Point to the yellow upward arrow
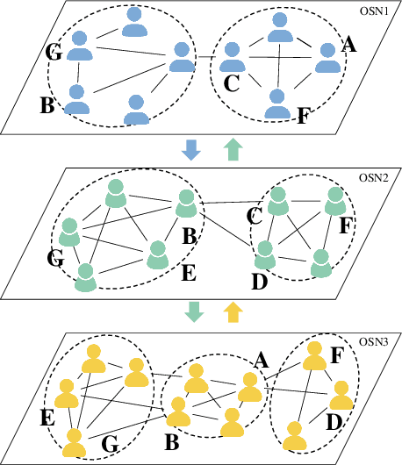pos(233,311)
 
